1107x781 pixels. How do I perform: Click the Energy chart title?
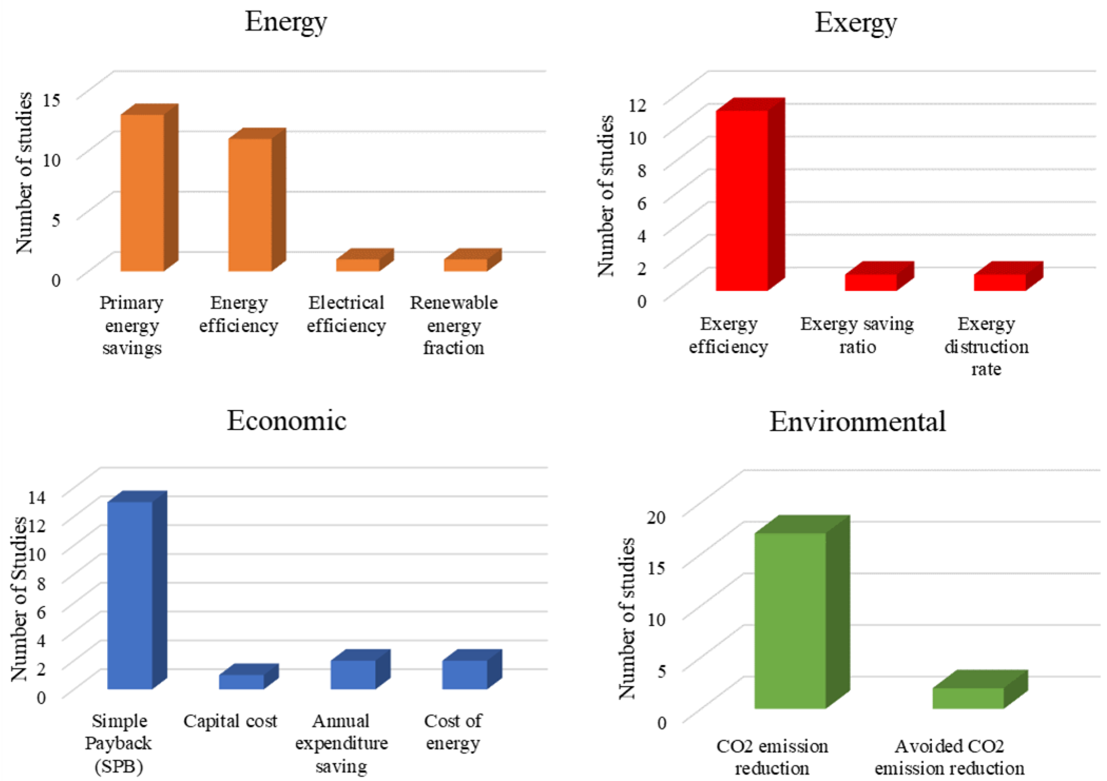point(285,22)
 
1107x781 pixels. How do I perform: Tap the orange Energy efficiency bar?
point(250,205)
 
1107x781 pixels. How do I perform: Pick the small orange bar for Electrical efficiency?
point(358,265)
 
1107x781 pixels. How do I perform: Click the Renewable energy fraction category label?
point(454,325)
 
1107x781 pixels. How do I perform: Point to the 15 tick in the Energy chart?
point(52,100)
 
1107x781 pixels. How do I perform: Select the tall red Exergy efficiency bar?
point(742,200)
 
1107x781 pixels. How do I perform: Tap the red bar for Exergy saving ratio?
point(871,282)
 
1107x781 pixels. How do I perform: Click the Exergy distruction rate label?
point(986,346)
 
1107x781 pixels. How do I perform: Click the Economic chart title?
point(286,421)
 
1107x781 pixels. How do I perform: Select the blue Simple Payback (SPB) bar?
point(130,595)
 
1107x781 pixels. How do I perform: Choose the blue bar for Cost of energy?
point(464,674)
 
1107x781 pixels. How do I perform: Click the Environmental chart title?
point(857,422)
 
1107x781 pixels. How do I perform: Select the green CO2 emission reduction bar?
point(790,621)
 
